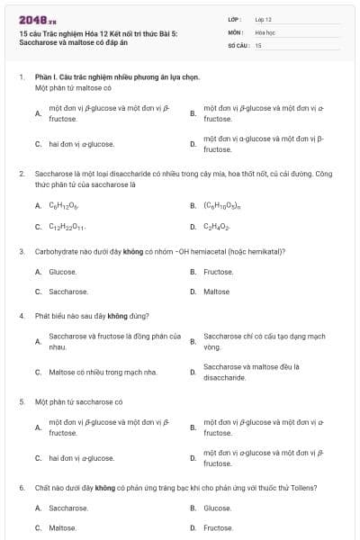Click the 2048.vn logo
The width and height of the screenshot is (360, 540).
tap(39, 20)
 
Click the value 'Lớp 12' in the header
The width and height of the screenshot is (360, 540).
tap(264, 18)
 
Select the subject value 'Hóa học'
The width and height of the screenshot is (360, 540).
tap(265, 31)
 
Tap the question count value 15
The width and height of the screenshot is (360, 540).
tap(258, 44)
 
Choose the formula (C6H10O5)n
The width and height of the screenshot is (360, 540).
tap(221, 205)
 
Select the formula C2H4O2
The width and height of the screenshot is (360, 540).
tap(216, 227)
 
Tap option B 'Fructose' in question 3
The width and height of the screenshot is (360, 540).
tap(219, 271)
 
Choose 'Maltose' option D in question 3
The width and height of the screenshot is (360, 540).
tap(216, 292)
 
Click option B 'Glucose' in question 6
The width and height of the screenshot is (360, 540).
tap(218, 508)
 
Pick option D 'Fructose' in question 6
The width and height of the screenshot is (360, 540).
tap(219, 528)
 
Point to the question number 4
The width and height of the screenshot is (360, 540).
tap(22, 316)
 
